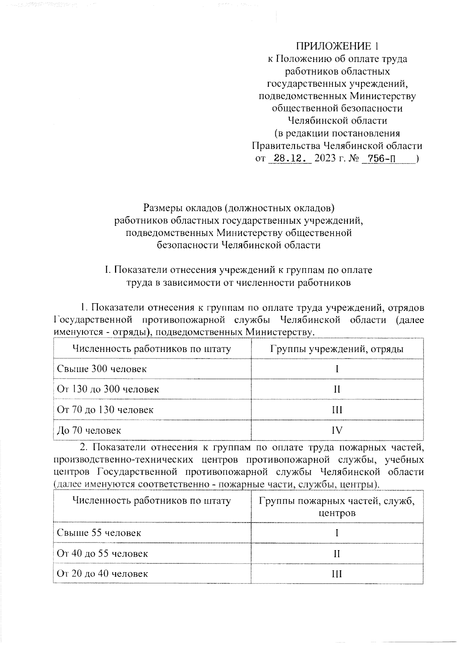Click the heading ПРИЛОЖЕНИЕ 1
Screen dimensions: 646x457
(337, 46)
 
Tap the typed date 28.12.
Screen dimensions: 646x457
(290, 158)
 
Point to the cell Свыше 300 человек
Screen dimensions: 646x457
(102, 369)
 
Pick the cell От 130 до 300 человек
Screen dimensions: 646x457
(108, 389)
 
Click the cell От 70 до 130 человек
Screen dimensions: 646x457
(105, 410)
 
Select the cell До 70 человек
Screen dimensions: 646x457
(89, 430)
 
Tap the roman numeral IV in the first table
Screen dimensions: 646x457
(337, 430)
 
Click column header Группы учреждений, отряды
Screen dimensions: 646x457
(337, 349)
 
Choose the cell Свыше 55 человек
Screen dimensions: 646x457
(99, 533)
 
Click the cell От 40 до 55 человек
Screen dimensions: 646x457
(102, 553)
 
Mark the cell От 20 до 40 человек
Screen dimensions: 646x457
(102, 574)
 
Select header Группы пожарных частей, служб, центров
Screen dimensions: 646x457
(337, 507)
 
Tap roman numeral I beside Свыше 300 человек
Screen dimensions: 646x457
(337, 369)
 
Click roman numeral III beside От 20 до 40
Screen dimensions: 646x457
(337, 574)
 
